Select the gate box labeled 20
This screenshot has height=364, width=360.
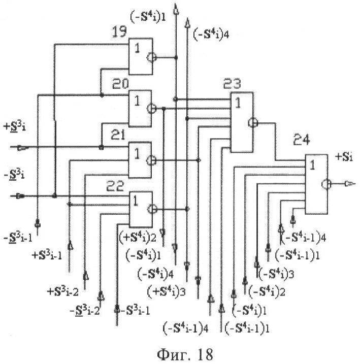[x=140, y=107]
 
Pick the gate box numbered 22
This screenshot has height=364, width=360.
[x=140, y=208]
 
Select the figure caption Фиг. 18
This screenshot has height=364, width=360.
[x=180, y=351]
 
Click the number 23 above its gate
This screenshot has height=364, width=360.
[x=233, y=84]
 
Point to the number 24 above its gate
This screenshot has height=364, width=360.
[x=303, y=139]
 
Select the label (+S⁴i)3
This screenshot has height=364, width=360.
[x=162, y=292]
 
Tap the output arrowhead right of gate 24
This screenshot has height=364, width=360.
[x=351, y=183]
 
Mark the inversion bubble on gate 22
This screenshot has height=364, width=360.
[x=151, y=208]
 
